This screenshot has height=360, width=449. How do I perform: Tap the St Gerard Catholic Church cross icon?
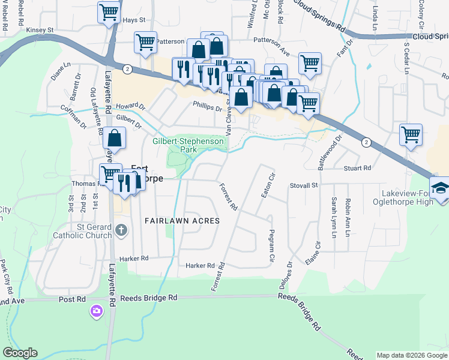(121, 230)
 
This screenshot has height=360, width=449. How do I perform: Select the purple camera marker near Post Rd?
(96, 311)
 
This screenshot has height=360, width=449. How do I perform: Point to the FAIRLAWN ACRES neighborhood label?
(182, 221)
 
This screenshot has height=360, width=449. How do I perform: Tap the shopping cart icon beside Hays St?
(109, 11)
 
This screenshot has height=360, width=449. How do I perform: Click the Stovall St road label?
(304, 186)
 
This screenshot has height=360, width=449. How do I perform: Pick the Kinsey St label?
(40, 29)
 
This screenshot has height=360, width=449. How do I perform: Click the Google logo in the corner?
(20, 353)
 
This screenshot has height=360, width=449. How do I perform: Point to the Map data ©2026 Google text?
(412, 355)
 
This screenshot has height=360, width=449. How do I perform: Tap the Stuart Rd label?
(358, 169)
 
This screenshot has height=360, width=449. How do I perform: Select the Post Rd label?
(68, 298)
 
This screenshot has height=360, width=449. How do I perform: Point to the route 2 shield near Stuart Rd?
(366, 142)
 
